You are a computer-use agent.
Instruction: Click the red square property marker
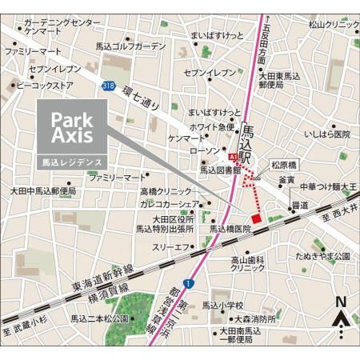256,218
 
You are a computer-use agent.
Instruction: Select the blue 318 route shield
108,84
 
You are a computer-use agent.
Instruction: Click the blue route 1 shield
186,283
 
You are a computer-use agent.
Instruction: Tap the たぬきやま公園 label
322,256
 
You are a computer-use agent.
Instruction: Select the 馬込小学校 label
222,306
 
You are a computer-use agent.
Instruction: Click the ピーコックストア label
45,85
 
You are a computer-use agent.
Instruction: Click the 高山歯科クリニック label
248,264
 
